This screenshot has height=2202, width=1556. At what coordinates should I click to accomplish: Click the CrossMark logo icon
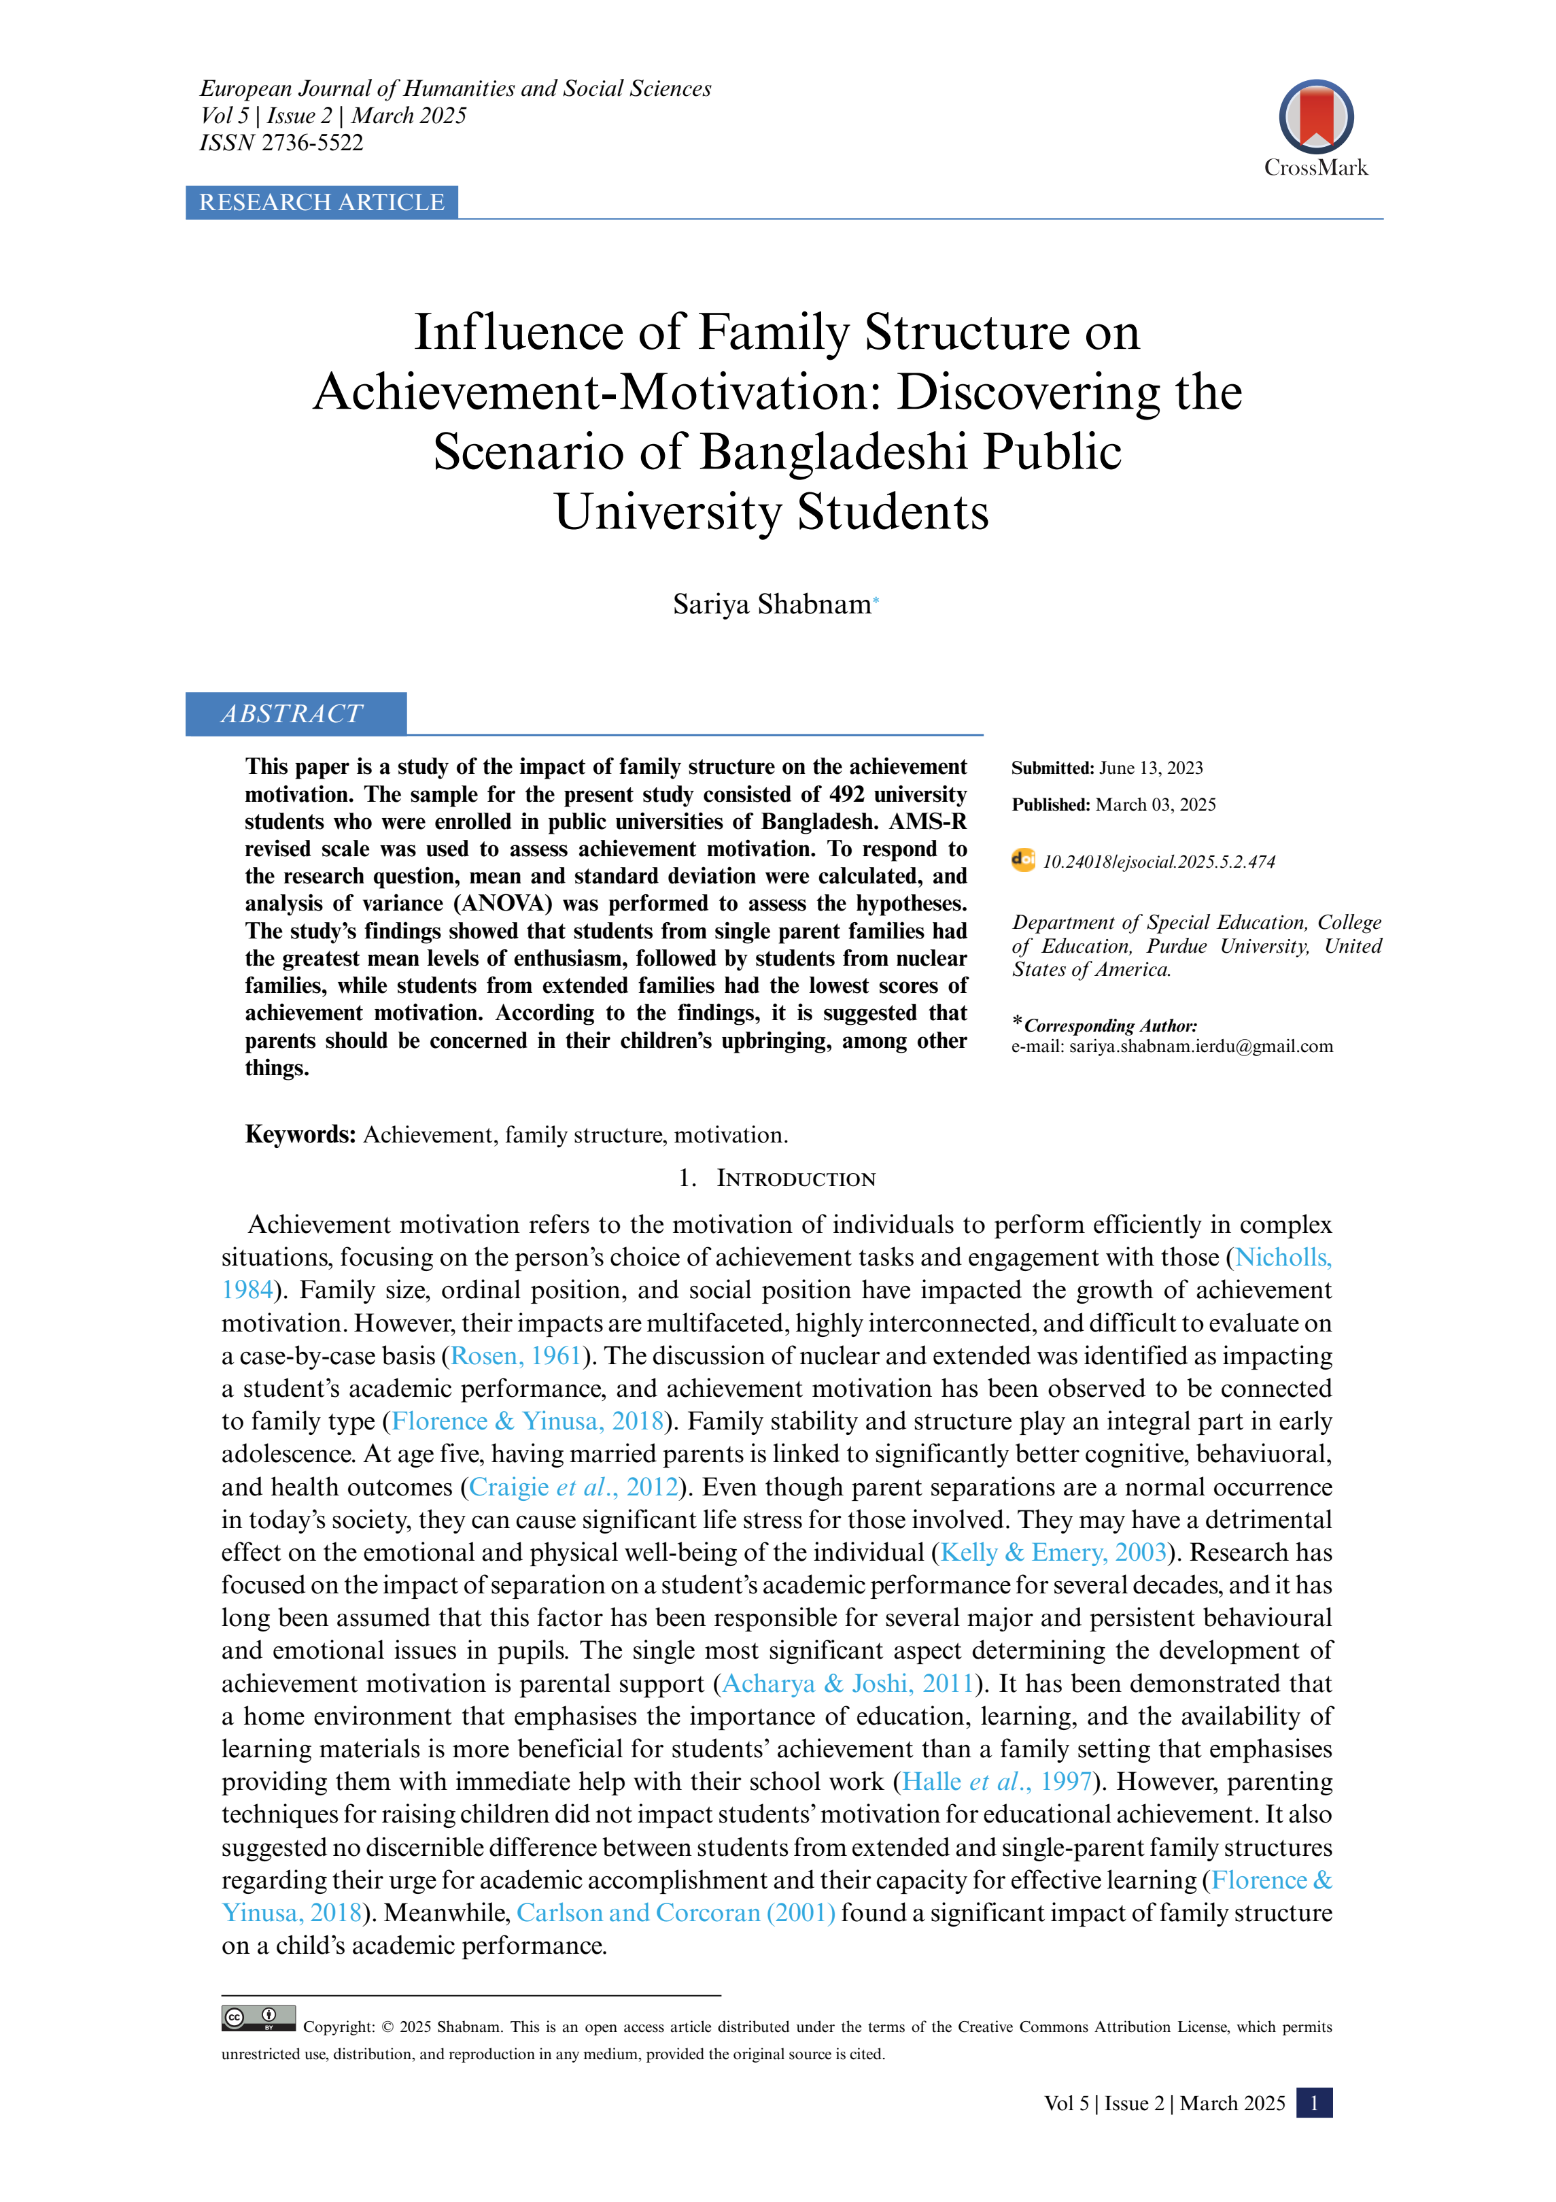(1315, 117)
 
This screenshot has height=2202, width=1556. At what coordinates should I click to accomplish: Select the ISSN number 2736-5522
(313, 143)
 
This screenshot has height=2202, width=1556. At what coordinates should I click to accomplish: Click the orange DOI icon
(1023, 860)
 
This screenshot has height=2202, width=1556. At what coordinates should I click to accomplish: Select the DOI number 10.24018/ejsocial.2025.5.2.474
(1159, 862)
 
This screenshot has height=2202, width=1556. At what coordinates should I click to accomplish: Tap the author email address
(1200, 1047)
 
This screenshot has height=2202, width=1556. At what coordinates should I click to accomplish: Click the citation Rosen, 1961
(516, 1356)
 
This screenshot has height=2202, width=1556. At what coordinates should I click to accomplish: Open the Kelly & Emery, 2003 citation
(1053, 1553)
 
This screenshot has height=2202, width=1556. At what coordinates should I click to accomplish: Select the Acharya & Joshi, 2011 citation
(848, 1684)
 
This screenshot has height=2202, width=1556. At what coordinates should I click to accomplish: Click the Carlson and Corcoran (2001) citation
(676, 1914)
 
